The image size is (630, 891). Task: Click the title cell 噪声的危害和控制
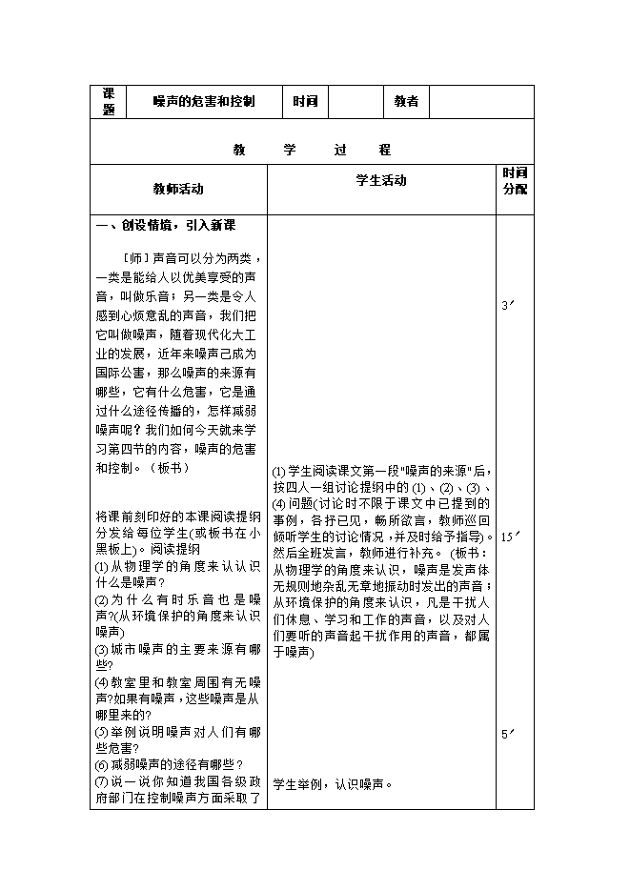tap(204, 102)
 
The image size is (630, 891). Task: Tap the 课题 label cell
tap(109, 102)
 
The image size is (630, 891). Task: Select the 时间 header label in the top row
tap(305, 102)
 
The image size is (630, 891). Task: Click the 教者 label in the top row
tap(407, 102)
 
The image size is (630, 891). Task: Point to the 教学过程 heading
tap(312, 151)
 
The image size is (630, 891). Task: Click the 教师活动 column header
tap(178, 190)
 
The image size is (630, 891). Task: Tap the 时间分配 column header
tap(515, 181)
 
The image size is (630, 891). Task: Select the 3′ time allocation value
tap(508, 306)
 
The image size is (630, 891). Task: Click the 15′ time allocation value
tap(510, 537)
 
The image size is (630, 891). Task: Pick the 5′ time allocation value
tap(508, 734)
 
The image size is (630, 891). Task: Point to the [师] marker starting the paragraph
tap(139, 258)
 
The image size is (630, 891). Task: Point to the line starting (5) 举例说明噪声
tap(178, 732)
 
